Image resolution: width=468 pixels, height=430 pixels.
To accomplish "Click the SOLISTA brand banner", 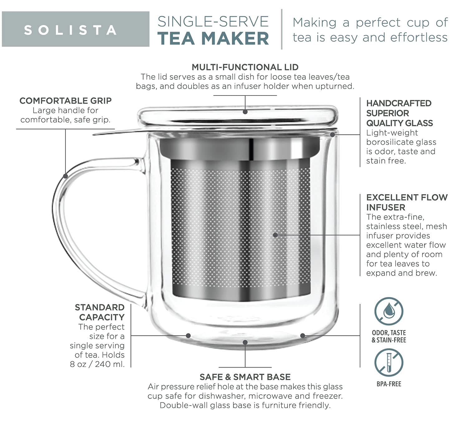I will pos(76,29).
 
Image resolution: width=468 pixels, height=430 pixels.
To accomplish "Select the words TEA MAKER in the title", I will pos(213,38).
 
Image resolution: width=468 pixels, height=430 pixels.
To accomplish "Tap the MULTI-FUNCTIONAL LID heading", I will pos(245,67).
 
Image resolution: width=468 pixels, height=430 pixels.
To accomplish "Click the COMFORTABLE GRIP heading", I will pos(66,101).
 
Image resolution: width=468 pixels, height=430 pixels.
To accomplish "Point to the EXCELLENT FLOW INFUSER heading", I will pos(407,202).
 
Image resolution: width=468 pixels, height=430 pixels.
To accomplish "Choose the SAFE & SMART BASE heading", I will pos(245,377).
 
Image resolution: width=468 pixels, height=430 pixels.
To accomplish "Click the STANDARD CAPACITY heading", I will pos(100,312).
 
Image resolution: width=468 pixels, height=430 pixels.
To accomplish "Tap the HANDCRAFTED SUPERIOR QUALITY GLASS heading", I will pos(399,113).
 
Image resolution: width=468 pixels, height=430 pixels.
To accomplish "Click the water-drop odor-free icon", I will pos(389,311).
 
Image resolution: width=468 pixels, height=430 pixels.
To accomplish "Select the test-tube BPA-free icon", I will pos(389,363).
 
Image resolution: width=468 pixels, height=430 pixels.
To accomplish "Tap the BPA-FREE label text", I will pos(389,384).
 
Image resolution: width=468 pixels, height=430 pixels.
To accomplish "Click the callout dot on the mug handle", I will pos(66,176).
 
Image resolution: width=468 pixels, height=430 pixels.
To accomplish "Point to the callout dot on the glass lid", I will pos(245,111).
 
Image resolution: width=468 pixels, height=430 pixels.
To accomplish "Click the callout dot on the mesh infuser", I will pos(275,235).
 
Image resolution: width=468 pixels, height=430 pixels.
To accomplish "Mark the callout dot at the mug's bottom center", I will pos(245,342).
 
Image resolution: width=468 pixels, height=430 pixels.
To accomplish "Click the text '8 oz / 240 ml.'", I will pos(97,364).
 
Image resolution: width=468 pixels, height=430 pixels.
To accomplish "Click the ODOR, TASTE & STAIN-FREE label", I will pos(389,336).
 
